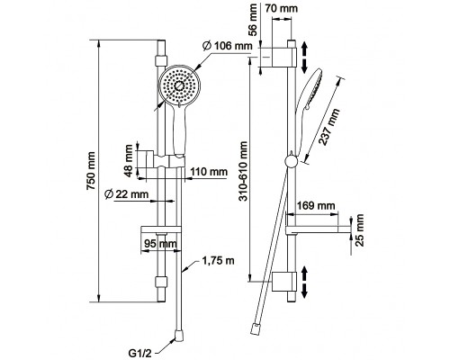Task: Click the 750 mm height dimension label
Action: click(91, 171)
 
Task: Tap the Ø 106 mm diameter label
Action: click(227, 46)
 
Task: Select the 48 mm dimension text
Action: click(129, 161)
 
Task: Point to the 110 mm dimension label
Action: click(209, 172)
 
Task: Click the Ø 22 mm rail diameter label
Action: click(126, 194)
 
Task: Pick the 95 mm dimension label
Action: click(160, 243)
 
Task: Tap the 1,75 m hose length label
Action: click(218, 261)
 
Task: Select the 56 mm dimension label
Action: click(253, 20)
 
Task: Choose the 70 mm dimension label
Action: click(282, 8)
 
